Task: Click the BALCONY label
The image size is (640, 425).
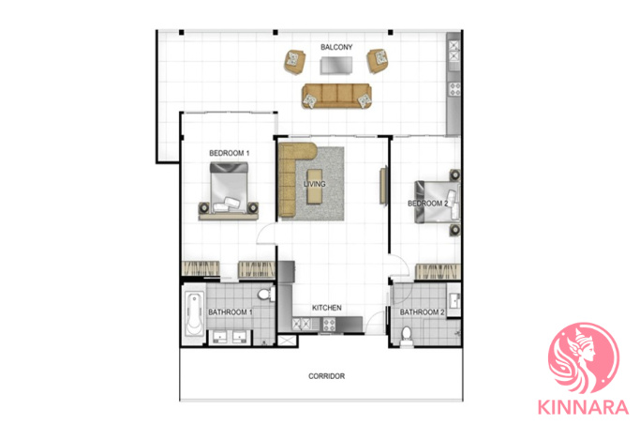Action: (x=336, y=47)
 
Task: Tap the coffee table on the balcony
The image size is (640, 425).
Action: (x=336, y=65)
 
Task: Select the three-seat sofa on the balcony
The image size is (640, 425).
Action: (x=336, y=96)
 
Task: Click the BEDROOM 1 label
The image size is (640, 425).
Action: (x=229, y=153)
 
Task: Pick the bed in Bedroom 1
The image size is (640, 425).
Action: (x=229, y=188)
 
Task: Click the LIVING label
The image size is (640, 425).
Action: (x=314, y=184)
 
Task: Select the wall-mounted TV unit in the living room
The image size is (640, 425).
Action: (x=383, y=185)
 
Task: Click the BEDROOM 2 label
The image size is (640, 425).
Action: (x=427, y=203)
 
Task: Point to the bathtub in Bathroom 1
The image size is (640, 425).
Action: (x=195, y=313)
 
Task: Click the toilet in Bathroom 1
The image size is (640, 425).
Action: (x=266, y=295)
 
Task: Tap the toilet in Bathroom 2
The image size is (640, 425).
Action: (x=406, y=335)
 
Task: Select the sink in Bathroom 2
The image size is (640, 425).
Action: (x=454, y=301)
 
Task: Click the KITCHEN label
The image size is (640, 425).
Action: (x=326, y=308)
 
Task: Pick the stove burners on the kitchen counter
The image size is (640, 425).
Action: (x=329, y=325)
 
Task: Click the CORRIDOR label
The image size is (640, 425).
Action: (x=326, y=376)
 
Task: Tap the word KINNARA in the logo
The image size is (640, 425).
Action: (x=583, y=407)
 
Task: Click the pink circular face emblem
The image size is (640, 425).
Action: (x=584, y=358)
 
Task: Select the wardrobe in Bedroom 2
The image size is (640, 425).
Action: (x=438, y=272)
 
